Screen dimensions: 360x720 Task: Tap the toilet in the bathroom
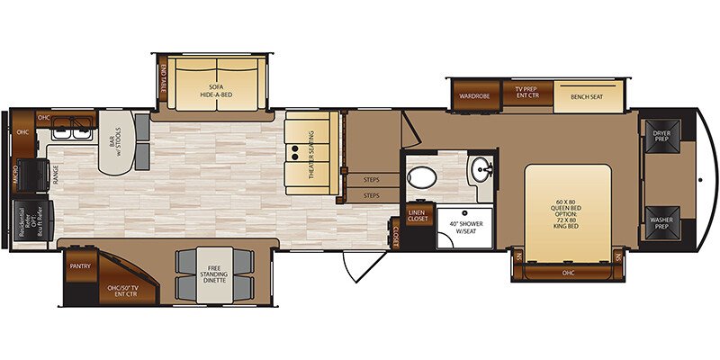(420, 175)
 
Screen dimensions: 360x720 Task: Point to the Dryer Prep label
(661, 135)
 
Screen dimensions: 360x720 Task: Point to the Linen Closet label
(417, 215)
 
